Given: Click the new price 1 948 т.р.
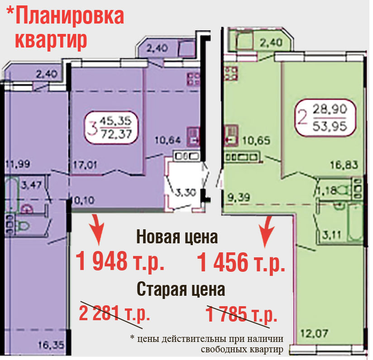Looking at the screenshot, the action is coord(120,262).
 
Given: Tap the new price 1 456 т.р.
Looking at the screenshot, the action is coord(241,262).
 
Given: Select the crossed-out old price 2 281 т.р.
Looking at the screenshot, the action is coord(114,313).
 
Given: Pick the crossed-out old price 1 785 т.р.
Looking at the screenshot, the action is coord(241,314).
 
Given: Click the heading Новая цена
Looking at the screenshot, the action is coord(177,237).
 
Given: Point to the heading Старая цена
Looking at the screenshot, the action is coord(181,289).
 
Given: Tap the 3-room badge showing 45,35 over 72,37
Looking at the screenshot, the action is coord(111,128).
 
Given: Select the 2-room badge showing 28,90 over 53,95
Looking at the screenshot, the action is coord(325,118).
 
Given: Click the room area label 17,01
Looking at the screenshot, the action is coord(85,165).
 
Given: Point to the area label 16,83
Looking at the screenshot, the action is coord(344,165).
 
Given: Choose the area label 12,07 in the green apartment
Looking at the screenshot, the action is coord(314,333).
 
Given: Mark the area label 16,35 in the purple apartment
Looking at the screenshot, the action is coord(52,345).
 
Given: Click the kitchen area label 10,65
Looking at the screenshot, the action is coord(256,141).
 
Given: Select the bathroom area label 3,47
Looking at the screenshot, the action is coord(31,185).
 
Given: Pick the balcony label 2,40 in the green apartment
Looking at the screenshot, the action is coord(271,43).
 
